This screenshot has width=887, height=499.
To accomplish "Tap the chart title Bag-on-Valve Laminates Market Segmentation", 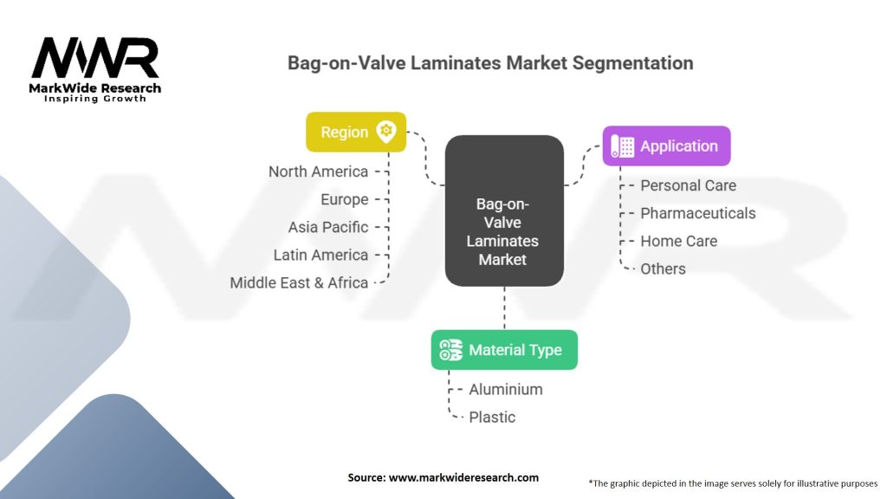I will click(490, 63).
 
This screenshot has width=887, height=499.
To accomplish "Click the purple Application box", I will click(666, 146).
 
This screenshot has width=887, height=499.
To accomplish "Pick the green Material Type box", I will click(503, 350).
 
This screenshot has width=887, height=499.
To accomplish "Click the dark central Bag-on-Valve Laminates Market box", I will click(503, 211).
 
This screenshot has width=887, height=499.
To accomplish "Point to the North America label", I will click(318, 172).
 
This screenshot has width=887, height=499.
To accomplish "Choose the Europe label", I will click(344, 199).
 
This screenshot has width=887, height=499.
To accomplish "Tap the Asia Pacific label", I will click(328, 227).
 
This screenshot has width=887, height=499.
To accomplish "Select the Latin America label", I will click(320, 255).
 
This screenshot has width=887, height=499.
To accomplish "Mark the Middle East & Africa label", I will click(299, 282).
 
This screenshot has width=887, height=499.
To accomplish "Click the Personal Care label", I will click(688, 185).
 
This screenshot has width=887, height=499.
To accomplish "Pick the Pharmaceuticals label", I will click(697, 213).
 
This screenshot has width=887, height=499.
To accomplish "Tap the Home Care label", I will click(678, 241).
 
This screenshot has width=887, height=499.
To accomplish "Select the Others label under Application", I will click(663, 269).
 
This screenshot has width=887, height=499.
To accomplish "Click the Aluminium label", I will click(506, 389).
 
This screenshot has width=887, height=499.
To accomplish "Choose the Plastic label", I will click(492, 417).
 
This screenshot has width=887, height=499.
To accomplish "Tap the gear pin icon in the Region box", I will click(385, 132).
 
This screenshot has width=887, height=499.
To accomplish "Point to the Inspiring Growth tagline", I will click(95, 99).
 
